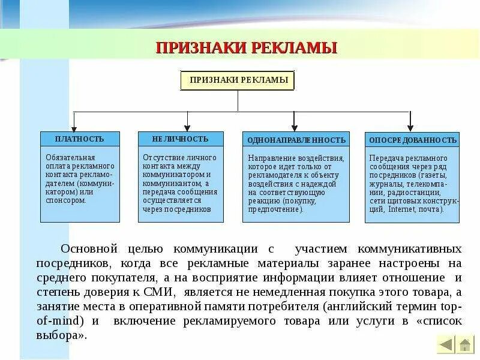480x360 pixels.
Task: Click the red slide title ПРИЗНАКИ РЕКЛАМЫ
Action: point(246,47)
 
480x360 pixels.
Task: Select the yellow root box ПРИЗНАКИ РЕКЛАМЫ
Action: point(238,80)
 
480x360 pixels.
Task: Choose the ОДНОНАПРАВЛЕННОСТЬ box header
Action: point(296,140)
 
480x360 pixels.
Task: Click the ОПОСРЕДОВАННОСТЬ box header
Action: point(412,140)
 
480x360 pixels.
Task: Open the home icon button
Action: point(465,344)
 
